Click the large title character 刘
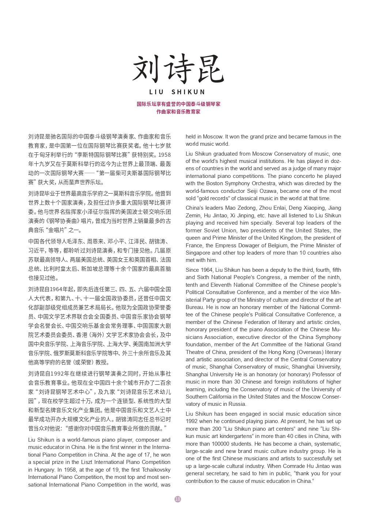[148, 69]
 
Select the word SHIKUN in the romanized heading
[188, 92]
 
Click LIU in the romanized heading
[156, 92]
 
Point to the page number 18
[178, 499]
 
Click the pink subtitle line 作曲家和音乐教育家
[178, 112]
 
